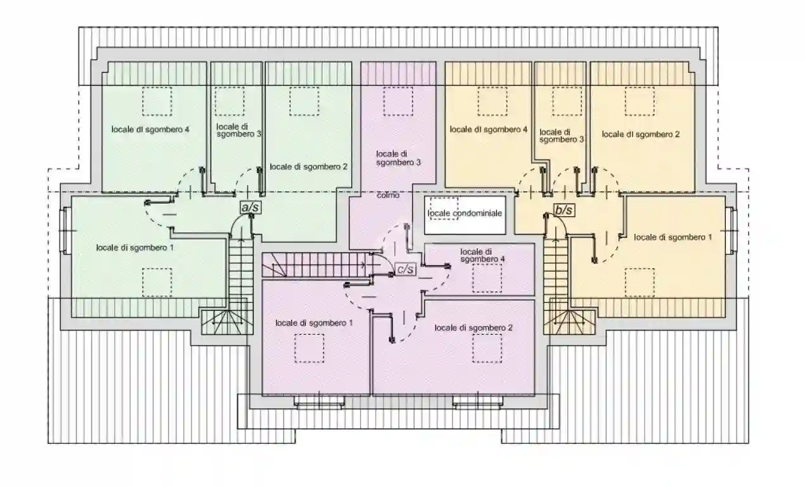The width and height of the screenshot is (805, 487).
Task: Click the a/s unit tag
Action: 250,207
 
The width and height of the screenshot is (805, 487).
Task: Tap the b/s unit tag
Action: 564,211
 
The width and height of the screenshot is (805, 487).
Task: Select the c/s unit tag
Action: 406,269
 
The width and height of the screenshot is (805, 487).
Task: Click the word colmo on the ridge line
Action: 388,195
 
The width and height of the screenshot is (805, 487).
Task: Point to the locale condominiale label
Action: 465,213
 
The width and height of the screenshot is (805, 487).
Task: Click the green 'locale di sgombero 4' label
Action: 150,129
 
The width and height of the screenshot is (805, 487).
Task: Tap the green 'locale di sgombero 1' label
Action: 135,248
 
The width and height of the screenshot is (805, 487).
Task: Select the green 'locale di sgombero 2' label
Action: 309,167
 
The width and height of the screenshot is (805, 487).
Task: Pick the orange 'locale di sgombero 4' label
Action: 489,129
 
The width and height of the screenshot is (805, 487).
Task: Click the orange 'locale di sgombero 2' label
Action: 641,134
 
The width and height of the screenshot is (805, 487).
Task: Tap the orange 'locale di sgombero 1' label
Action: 673,237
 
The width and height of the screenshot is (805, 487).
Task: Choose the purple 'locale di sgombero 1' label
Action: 314,323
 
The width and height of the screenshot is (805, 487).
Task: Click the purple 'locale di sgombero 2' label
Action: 473,328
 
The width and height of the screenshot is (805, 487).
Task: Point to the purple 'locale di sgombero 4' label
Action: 482,256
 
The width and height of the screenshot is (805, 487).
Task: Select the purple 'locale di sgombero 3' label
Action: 398,158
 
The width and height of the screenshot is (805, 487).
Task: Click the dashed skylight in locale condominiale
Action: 444,208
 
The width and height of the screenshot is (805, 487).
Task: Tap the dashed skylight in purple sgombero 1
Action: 309,348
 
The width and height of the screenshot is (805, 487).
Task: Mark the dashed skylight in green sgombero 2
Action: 304,101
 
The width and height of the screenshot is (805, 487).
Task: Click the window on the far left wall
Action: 65,230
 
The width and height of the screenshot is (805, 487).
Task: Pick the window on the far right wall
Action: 731,230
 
